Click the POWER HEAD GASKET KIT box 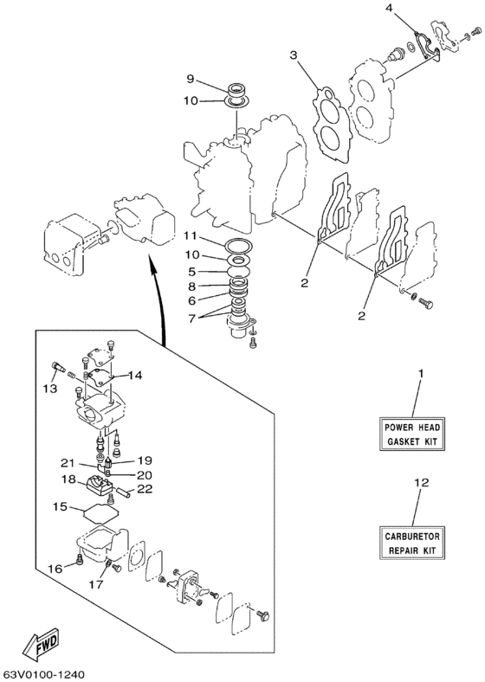(x=412, y=434)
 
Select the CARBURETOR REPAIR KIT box (x=412, y=543)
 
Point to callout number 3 (x=294, y=55)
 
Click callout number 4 (x=389, y=8)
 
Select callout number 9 (x=190, y=79)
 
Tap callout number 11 (x=190, y=236)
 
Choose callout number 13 (x=50, y=389)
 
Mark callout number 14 (x=134, y=375)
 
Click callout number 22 (x=145, y=489)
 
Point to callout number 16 (x=55, y=569)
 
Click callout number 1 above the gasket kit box (x=421, y=374)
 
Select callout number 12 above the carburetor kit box (x=422, y=482)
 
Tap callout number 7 (x=192, y=317)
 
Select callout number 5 (x=192, y=272)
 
